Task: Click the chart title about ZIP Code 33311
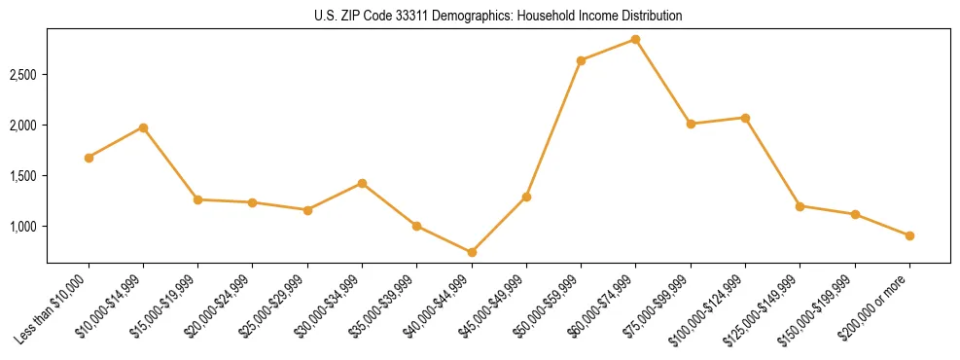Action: pos(498,16)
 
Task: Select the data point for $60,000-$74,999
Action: pos(635,39)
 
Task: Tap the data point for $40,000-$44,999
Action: pos(472,252)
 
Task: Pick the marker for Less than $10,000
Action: pos(89,158)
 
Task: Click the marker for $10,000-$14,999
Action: pos(143,127)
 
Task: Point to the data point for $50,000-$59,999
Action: pos(581,60)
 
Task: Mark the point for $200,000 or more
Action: pos(908,235)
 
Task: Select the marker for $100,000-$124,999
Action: pos(745,118)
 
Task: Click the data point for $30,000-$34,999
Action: pos(362,183)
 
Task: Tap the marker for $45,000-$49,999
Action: pos(526,197)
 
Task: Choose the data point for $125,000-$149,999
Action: pos(800,206)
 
